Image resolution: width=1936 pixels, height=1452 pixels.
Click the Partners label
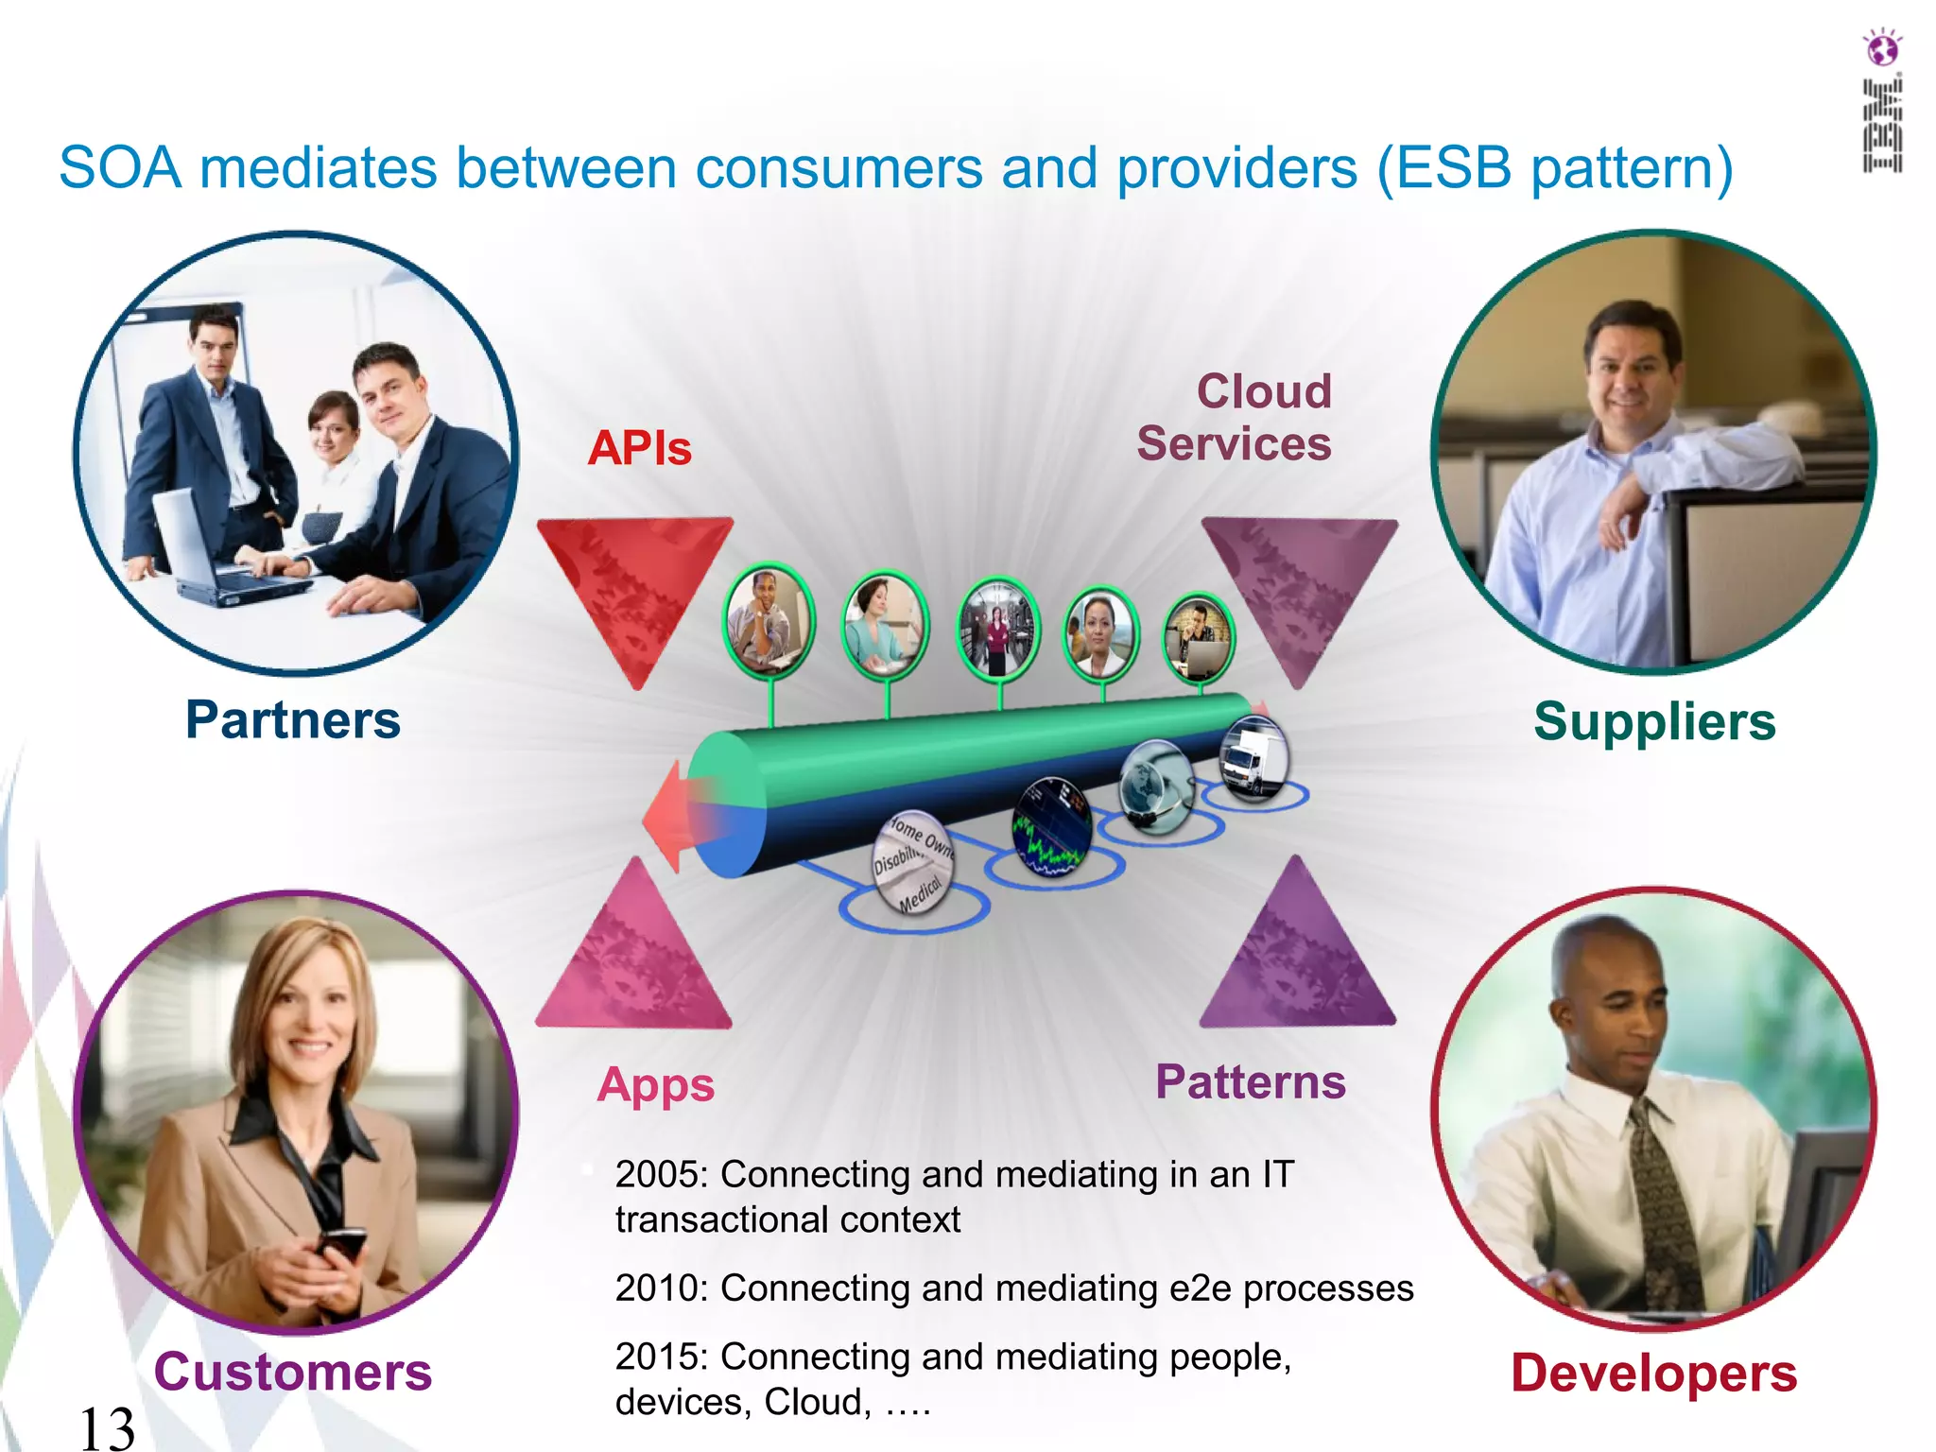[293, 720]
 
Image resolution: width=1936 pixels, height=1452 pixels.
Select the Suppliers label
[1654, 722]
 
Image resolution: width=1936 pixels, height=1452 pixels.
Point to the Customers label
[293, 1373]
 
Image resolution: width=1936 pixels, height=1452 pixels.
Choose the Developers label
[1653, 1374]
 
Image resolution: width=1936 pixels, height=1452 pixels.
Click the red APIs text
[640, 448]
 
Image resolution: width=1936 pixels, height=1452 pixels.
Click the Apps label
[655, 1085]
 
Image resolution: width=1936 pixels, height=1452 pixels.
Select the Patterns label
[1250, 1082]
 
